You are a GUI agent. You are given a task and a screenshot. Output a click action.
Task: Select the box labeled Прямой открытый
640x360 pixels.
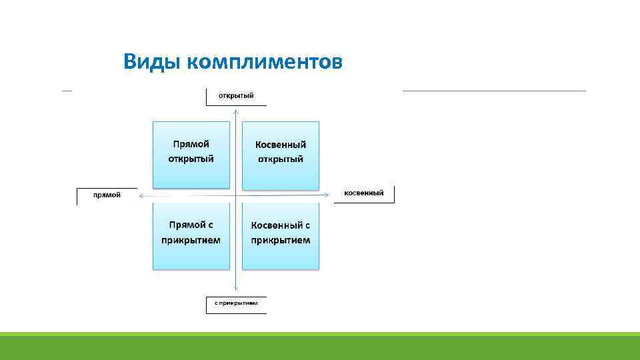(x=191, y=155)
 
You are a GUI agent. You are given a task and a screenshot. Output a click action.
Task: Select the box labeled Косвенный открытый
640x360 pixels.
(x=280, y=155)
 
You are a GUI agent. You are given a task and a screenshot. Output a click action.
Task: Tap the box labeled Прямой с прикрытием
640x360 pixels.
(x=191, y=236)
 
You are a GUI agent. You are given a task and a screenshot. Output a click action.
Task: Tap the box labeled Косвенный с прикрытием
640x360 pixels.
(x=280, y=236)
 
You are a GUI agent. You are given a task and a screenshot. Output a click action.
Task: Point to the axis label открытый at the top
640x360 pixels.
(x=236, y=96)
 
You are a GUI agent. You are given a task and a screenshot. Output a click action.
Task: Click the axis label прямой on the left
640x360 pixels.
(x=107, y=195)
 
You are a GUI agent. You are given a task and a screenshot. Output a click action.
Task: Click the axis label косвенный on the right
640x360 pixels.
(x=363, y=193)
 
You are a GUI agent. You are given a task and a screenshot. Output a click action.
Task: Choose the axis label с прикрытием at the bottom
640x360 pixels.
(x=235, y=303)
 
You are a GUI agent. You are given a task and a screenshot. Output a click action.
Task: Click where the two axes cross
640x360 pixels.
(x=235, y=195)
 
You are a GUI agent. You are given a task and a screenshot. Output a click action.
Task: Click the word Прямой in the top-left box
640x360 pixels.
(x=191, y=144)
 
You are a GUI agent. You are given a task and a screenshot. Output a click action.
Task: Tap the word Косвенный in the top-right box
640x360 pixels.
(x=280, y=145)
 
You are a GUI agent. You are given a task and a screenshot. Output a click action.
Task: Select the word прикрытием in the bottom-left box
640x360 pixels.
(x=191, y=240)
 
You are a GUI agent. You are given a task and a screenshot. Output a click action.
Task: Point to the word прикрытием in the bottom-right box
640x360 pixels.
(x=280, y=240)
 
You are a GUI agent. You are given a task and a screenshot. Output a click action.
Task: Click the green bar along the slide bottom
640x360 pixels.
(x=320, y=347)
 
